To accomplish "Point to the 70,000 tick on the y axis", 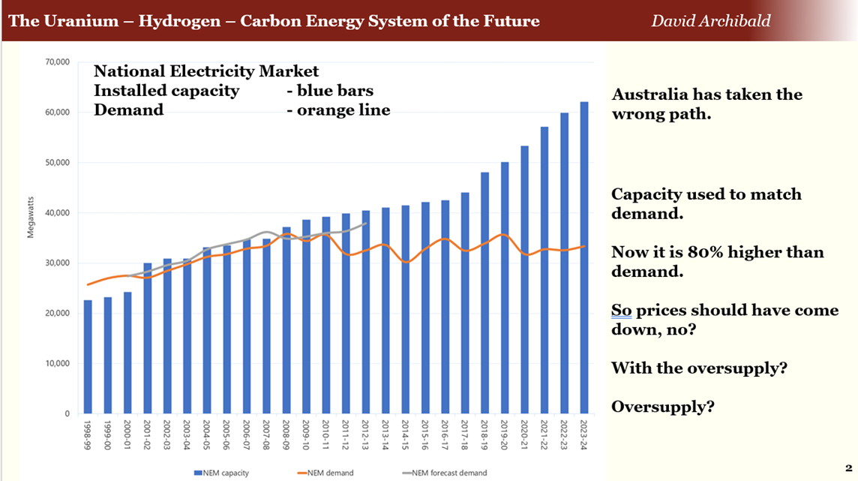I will point(57,62).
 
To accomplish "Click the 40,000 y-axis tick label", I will point(57,213).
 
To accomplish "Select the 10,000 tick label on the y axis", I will point(57,364).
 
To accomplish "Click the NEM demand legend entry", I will point(327,473).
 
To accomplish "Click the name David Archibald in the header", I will point(710,20).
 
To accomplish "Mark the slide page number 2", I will point(848,467).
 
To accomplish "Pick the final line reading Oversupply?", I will point(662,407).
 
